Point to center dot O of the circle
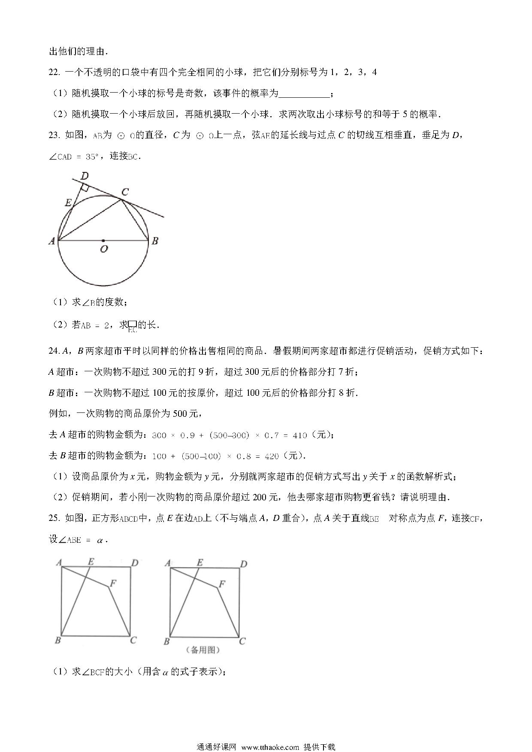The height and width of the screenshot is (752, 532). [103, 241]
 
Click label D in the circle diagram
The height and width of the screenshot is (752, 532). [85, 176]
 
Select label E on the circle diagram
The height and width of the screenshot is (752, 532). [68, 203]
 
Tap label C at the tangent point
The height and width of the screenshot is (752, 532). [125, 192]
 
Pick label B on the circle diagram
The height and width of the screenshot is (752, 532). [155, 241]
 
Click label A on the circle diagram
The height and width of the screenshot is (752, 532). [52, 241]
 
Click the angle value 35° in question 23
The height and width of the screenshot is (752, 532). [91, 157]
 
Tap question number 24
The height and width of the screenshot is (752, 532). [54, 351]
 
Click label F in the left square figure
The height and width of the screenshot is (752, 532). [113, 583]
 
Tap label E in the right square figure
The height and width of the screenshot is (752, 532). [199, 562]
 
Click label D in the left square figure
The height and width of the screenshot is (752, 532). [134, 562]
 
